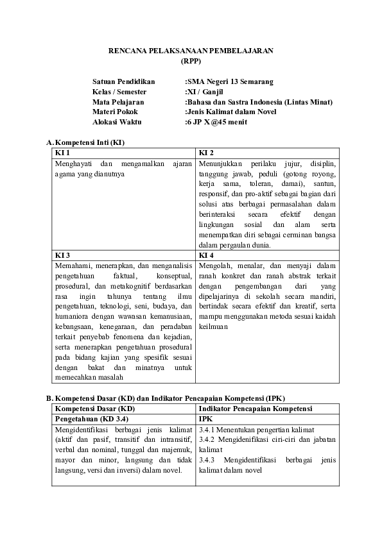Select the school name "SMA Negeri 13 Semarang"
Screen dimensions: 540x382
click(x=230, y=81)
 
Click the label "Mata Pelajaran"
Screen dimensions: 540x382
click(x=118, y=101)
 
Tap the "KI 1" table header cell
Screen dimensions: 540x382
click(x=63, y=153)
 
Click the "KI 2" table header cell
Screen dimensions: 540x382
click(x=206, y=153)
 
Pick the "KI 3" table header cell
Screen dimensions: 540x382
click(x=63, y=255)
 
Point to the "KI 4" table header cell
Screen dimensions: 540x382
click(x=206, y=255)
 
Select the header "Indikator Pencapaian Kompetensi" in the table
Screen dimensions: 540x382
click(x=255, y=409)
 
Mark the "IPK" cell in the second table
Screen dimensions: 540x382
click(x=205, y=418)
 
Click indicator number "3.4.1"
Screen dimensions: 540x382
click(x=207, y=428)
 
